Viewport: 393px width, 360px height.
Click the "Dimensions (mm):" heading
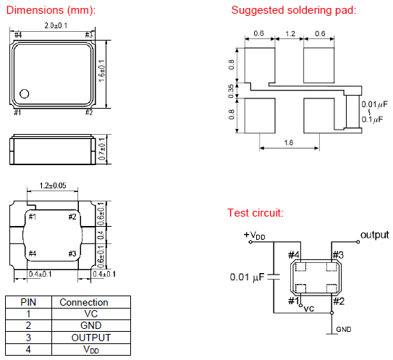(51, 10)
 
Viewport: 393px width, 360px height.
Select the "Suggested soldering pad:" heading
(294, 10)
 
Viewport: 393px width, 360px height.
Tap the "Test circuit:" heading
(255, 213)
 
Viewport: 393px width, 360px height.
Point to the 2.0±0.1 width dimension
(56, 25)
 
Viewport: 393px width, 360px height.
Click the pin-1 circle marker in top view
(25, 94)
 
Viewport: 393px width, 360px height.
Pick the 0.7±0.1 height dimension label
(102, 148)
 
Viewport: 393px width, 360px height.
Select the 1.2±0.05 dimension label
(53, 185)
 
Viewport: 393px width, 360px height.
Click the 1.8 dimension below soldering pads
(289, 143)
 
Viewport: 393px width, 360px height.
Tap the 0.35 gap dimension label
(231, 91)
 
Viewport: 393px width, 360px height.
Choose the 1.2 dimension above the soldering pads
(290, 33)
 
